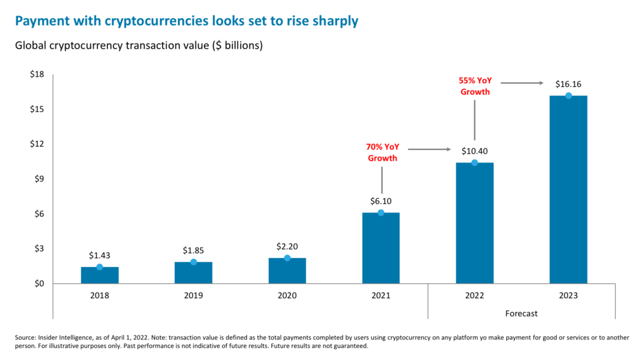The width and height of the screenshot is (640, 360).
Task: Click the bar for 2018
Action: click(99, 275)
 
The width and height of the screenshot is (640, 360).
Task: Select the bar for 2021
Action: click(381, 248)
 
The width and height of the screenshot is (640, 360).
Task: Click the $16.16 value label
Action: click(568, 84)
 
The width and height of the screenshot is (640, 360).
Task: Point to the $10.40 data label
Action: click(474, 151)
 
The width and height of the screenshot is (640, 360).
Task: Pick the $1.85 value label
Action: click(193, 250)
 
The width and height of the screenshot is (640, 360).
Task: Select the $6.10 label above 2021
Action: click(381, 201)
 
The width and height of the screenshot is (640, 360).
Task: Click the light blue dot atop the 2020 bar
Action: click(287, 258)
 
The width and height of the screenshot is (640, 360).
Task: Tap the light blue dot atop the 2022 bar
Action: click(474, 162)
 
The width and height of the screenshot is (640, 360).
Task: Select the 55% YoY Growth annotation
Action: click(475, 86)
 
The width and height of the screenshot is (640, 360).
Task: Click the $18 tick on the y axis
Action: click(38, 74)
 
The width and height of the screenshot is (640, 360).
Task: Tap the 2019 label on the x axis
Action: click(193, 295)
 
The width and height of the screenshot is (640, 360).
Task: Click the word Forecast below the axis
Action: click(521, 313)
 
